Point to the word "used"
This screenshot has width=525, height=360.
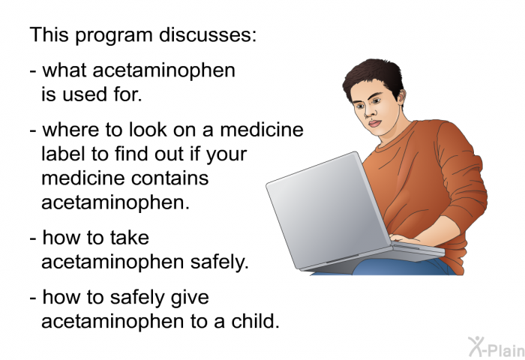[85, 94]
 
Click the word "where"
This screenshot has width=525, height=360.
[71, 130]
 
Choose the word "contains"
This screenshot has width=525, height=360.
[169, 178]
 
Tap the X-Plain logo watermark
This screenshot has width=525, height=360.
[496, 346]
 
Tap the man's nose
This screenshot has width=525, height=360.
[369, 112]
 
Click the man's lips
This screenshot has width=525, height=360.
[375, 123]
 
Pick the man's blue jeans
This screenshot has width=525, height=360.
[402, 267]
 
